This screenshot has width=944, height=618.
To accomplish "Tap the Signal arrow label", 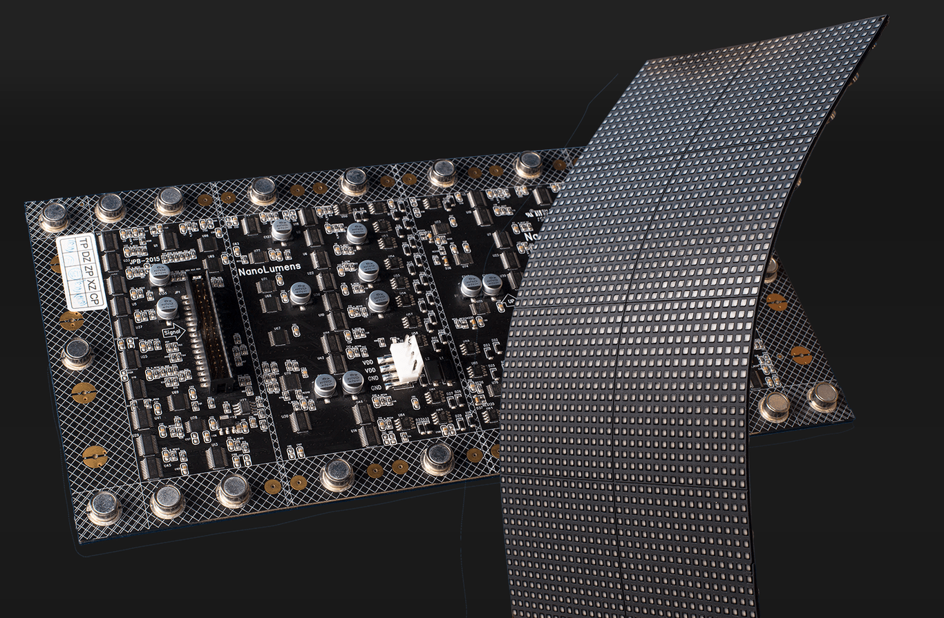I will point(174,333).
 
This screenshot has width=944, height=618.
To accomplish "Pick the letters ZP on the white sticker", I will point(88,271).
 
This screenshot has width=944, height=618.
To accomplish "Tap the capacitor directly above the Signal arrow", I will point(167,308).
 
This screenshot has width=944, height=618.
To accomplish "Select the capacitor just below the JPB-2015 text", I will point(160,274).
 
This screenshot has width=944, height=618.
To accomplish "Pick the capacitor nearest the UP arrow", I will point(491,284).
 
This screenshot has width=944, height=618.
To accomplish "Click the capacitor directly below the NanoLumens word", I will point(300,294).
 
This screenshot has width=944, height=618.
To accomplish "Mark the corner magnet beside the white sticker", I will point(55,216).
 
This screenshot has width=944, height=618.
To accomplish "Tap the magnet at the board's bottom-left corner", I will point(104,507).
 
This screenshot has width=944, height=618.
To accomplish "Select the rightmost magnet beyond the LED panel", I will point(822,397).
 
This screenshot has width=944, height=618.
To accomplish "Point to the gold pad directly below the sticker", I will point(71,321).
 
